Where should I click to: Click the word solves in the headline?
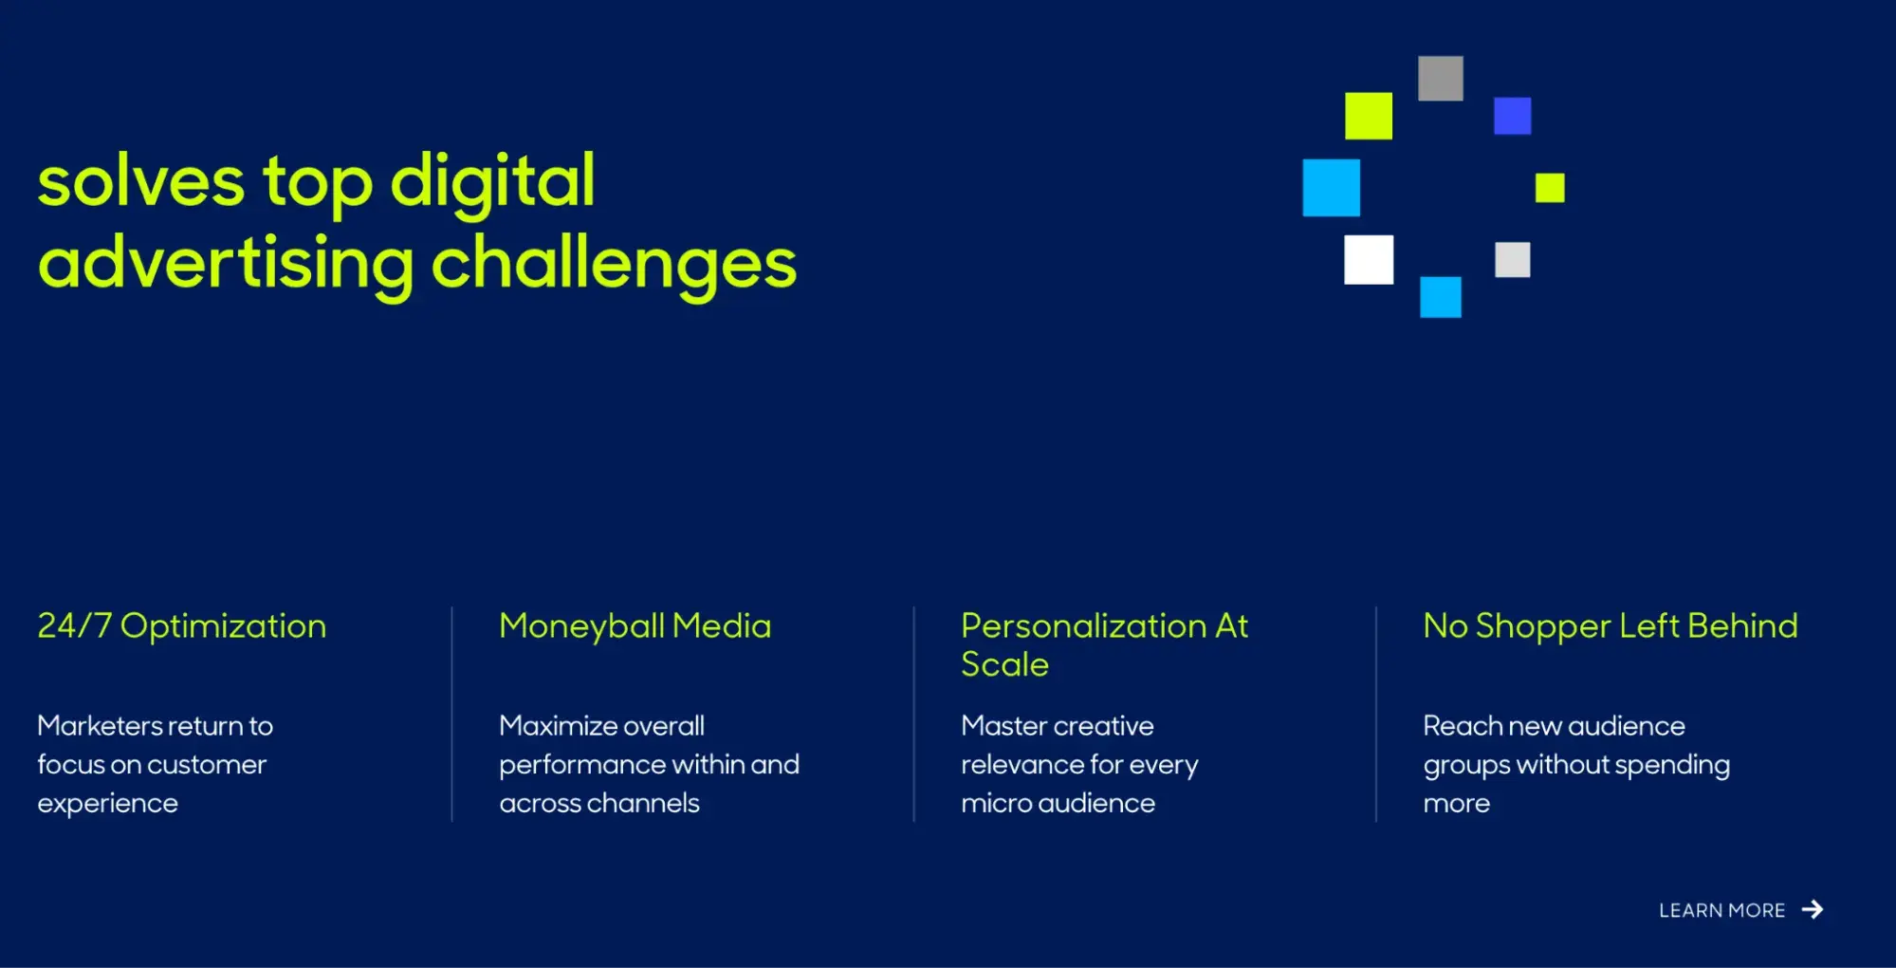[x=141, y=181]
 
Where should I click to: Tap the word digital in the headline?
[x=493, y=180]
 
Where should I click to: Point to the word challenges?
[x=614, y=264]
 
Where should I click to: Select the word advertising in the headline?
[x=226, y=264]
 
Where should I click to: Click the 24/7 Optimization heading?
[x=182, y=626]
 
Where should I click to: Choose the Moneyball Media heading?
[x=635, y=626]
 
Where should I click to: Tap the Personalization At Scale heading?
[x=1104, y=645]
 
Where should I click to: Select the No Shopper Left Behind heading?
[x=1611, y=626]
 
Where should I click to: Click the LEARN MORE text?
[x=1721, y=911]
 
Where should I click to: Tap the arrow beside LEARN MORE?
[x=1813, y=910]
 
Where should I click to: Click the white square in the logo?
[x=1369, y=259]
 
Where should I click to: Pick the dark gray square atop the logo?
[x=1441, y=78]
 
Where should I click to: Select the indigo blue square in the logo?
[x=1512, y=116]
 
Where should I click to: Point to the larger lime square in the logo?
[x=1369, y=116]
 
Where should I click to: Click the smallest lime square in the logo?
[x=1550, y=188]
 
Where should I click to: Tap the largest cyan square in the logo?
[x=1331, y=187]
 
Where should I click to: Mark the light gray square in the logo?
[x=1512, y=259]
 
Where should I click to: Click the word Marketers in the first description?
[x=101, y=726]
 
